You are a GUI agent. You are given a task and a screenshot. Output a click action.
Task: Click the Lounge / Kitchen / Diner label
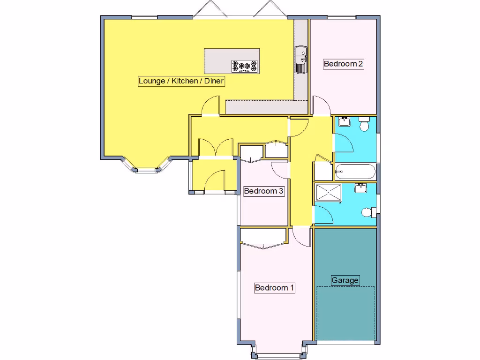pyautogui.click(x=181, y=81)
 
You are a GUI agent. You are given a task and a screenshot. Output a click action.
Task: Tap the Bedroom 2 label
pyautogui.click(x=344, y=64)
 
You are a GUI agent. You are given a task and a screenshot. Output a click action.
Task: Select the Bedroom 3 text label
pyautogui.click(x=263, y=191)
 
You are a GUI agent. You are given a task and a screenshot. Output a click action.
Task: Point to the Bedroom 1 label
pyautogui.click(x=274, y=288)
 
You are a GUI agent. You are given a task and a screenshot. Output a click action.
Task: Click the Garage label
pyautogui.click(x=345, y=280)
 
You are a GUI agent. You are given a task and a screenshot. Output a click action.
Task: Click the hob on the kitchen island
pyautogui.click(x=245, y=66)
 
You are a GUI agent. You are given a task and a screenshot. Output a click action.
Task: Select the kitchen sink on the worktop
pyautogui.click(x=300, y=60)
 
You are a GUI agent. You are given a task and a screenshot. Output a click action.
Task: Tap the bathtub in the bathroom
pyautogui.click(x=355, y=172)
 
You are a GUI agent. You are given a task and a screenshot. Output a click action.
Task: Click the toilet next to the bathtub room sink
pyautogui.click(x=364, y=126)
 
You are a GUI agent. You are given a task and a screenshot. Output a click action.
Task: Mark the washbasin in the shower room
pyautogui.click(x=361, y=188)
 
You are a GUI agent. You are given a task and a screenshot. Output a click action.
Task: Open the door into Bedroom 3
pyautogui.click(x=280, y=170)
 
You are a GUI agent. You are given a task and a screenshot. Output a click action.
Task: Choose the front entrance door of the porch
pyautogui.click(x=215, y=181)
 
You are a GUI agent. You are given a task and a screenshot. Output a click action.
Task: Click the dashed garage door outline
pyautogui.click(x=345, y=313)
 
